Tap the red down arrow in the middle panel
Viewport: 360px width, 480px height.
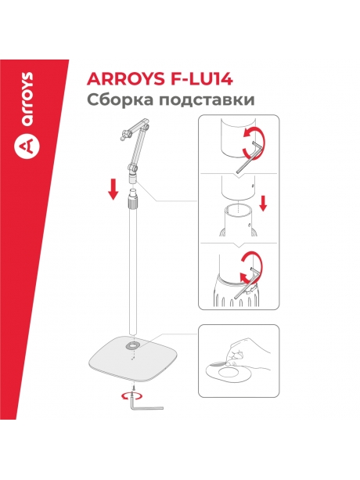click(x=264, y=204)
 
